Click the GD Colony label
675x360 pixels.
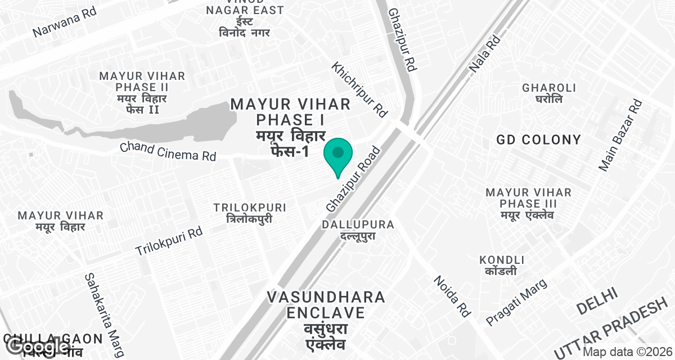(x=538, y=139)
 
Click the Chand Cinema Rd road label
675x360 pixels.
(x=168, y=151)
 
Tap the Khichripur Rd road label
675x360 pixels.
(x=360, y=90)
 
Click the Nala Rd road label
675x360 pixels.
(x=485, y=55)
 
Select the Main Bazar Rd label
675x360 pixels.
(x=620, y=135)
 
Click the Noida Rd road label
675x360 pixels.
(x=452, y=296)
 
